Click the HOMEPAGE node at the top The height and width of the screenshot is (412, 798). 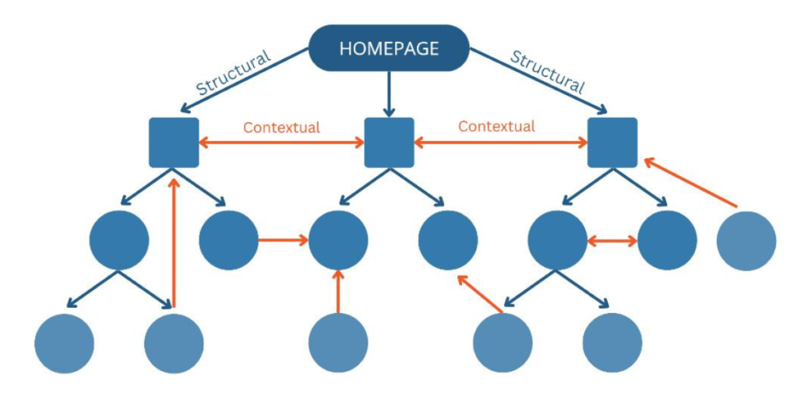389,48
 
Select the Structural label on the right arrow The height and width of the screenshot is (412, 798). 546,72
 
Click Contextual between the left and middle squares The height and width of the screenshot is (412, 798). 281,127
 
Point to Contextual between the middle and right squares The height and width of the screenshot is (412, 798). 496,126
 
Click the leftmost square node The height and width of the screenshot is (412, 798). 174,143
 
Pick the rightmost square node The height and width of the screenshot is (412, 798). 613,143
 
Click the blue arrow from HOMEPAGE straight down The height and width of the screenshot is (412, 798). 389,93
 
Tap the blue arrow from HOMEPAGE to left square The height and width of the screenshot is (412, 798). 242,83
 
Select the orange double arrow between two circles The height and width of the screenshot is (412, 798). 612,241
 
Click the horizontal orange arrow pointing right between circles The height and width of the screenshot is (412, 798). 283,241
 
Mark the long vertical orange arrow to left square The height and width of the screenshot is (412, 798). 175,241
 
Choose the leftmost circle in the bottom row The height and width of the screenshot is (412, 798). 65,343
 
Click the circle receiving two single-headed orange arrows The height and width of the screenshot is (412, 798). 338,241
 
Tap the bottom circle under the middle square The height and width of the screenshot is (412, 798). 338,343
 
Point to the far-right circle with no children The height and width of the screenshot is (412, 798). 746,241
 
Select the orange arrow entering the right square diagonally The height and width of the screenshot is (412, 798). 690,184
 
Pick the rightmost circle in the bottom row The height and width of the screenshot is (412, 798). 613,343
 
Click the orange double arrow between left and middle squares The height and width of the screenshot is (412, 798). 281,143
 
